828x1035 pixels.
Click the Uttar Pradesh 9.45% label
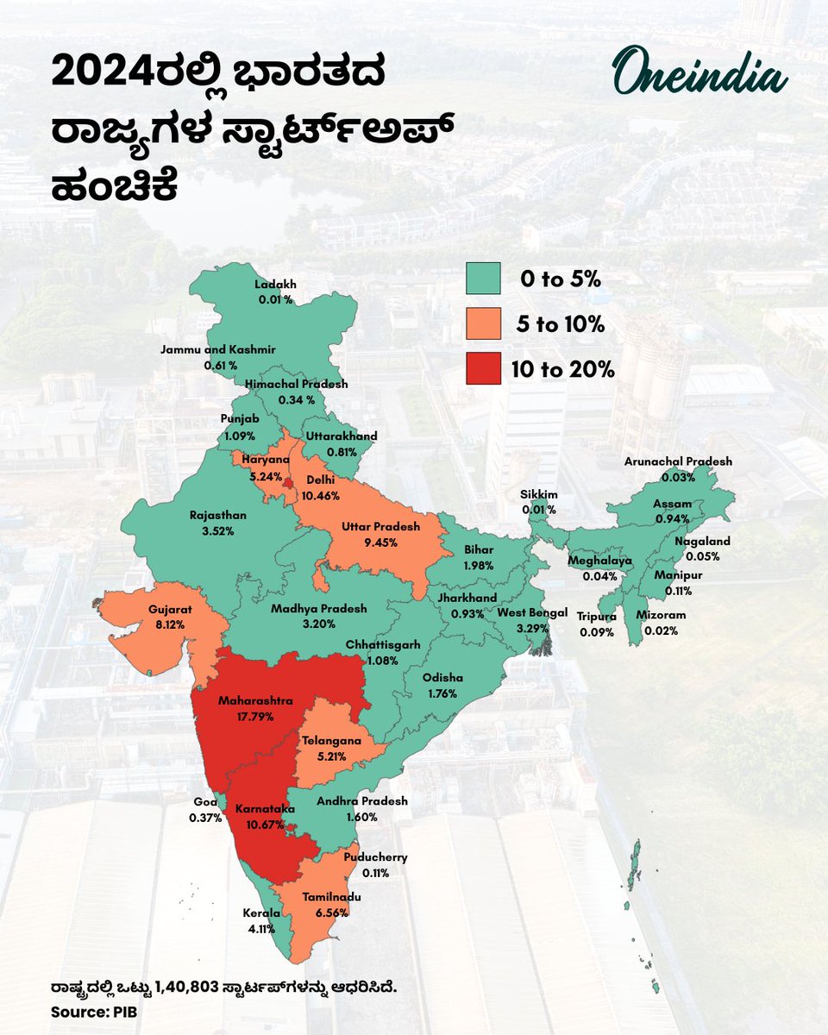click(380, 534)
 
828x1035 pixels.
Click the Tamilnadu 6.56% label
click(332, 905)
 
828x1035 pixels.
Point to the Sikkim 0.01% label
click(539, 502)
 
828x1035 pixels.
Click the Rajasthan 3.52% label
click(217, 523)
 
